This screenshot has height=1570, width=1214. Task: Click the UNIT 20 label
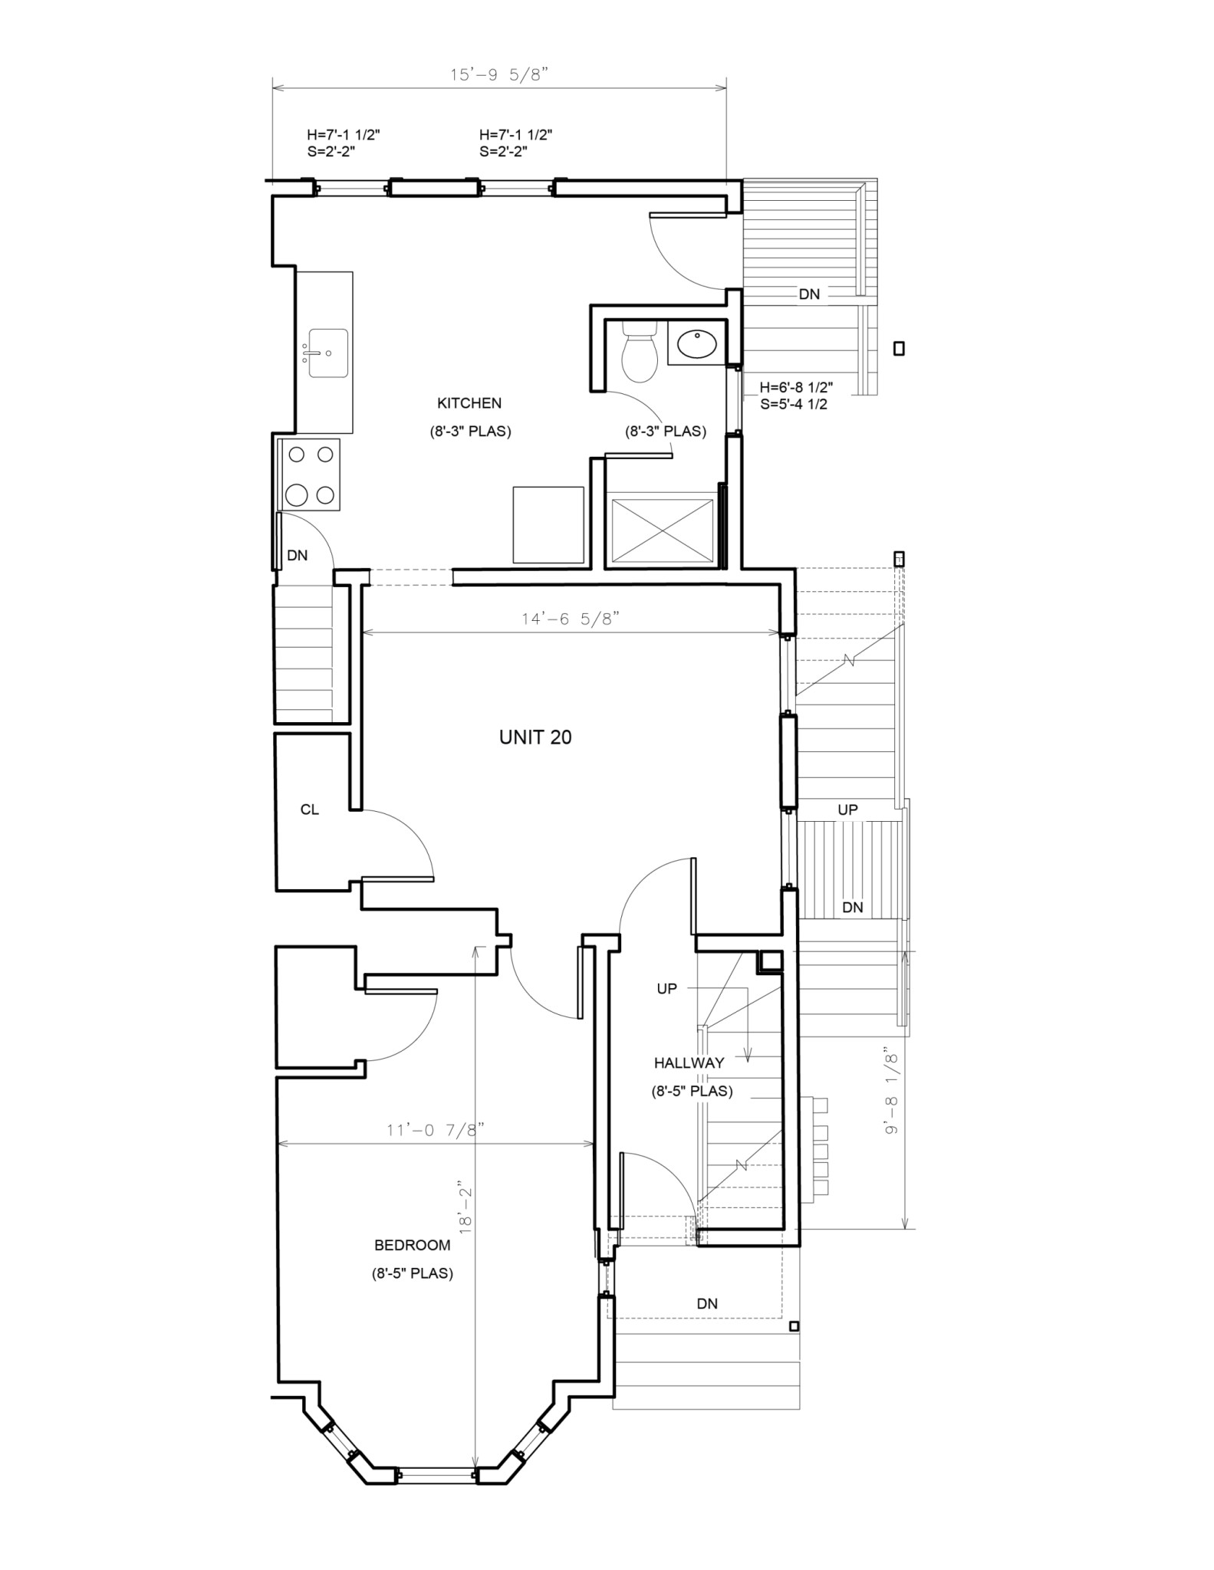coord(535,737)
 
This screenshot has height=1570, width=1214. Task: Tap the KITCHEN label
coord(469,403)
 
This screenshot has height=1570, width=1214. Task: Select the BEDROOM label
coord(412,1246)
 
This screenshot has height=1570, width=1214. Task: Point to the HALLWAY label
coord(689,1063)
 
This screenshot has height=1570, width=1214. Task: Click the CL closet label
coord(310,810)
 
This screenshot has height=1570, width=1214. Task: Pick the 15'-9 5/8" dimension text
coord(499,75)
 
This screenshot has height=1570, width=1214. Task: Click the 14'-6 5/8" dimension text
coord(570,619)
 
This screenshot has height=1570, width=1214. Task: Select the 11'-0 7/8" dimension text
coord(436,1130)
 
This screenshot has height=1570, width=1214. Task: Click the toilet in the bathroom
coord(639,354)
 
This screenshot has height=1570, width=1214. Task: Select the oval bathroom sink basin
coord(697,344)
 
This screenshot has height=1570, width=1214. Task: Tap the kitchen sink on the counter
coord(328,353)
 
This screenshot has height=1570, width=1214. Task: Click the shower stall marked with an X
coord(662,530)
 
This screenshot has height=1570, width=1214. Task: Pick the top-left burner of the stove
coord(296,455)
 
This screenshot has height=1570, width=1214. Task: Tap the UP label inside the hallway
coord(666,989)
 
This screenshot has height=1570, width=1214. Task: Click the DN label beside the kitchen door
coord(298,555)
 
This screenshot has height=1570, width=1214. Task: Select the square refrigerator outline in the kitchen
coord(548,524)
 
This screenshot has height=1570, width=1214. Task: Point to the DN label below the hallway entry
coord(707,1303)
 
